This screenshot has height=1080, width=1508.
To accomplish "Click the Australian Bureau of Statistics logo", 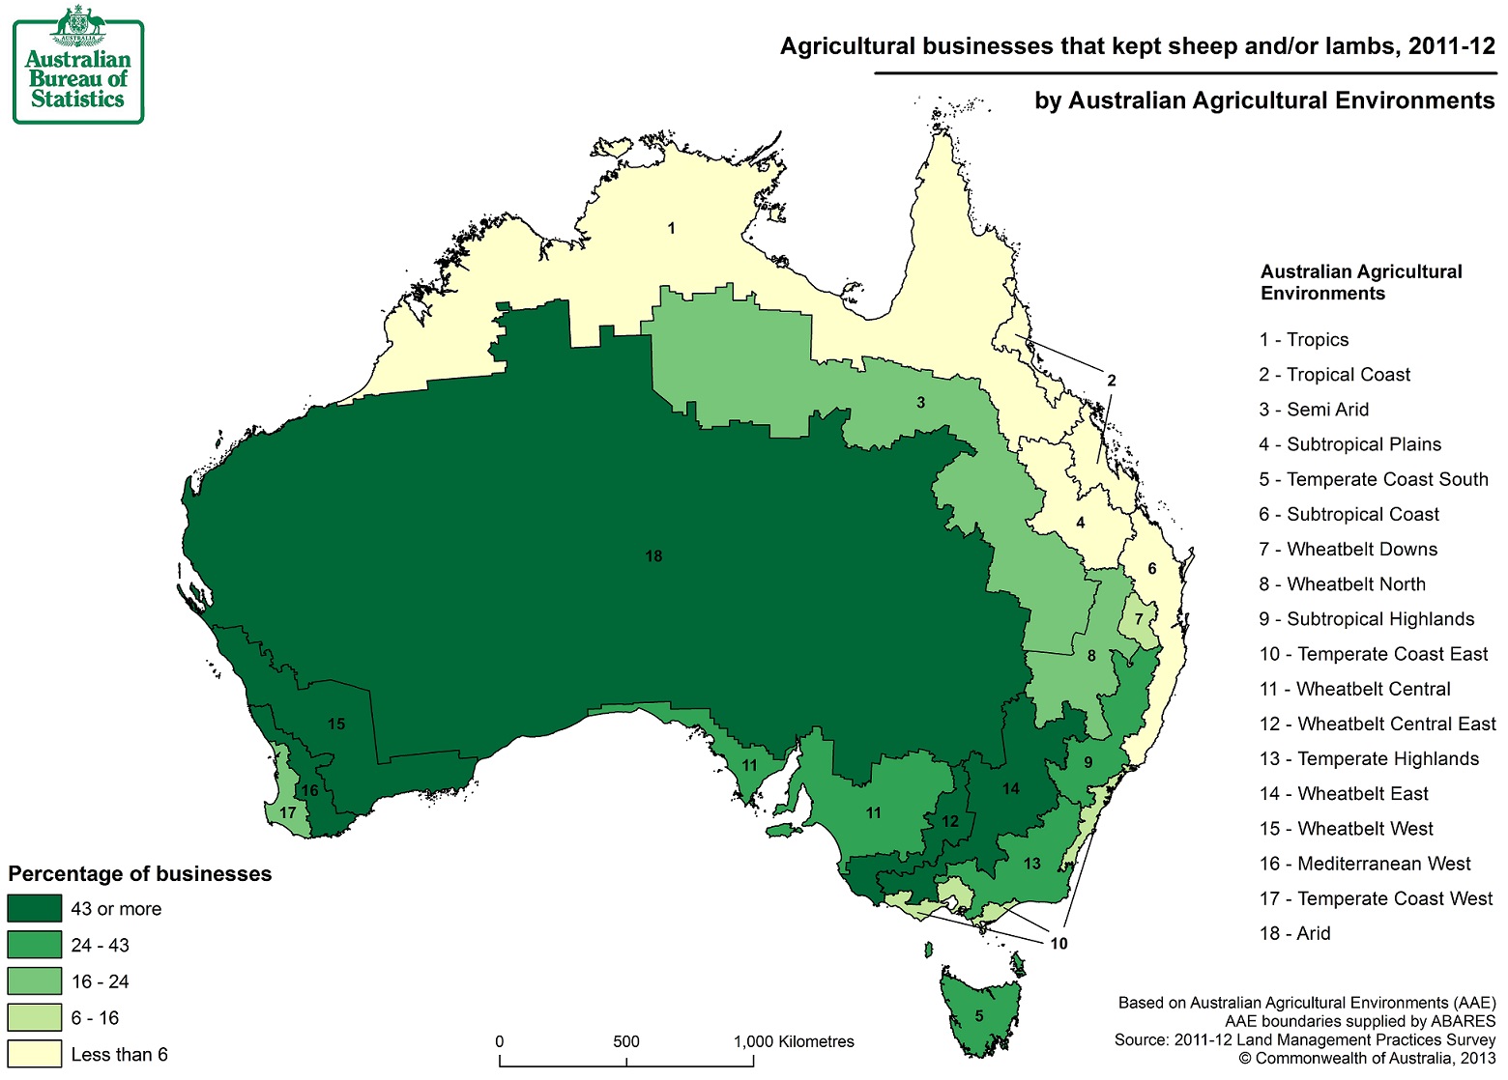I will pyautogui.click(x=77, y=65).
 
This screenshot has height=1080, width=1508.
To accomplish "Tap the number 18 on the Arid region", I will pyautogui.click(x=653, y=556).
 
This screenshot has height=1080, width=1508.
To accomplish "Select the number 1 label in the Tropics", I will pyautogui.click(x=671, y=229).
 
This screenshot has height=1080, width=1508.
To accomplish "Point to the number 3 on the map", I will pyautogui.click(x=920, y=402).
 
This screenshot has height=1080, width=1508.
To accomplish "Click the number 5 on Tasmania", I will pyautogui.click(x=979, y=1015).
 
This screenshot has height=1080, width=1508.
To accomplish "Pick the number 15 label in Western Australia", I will pyautogui.click(x=335, y=724).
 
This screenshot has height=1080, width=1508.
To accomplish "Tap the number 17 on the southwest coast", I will pyautogui.click(x=287, y=812).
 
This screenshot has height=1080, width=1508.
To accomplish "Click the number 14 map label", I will pyautogui.click(x=1010, y=788).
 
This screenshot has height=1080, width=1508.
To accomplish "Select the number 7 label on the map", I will pyautogui.click(x=1139, y=619).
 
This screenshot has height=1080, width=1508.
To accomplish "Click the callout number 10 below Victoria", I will pyautogui.click(x=1058, y=943).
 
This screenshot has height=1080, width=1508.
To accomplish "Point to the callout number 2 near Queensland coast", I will pyautogui.click(x=1111, y=381).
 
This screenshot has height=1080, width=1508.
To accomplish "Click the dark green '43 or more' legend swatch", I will pyautogui.click(x=35, y=909).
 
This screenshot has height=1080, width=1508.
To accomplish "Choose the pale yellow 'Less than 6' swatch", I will pyautogui.click(x=35, y=1054).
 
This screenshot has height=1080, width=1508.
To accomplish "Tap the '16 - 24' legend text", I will pyautogui.click(x=100, y=981).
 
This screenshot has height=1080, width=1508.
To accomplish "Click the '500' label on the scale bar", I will pyautogui.click(x=625, y=1041).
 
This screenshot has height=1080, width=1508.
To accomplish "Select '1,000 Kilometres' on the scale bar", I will pyautogui.click(x=794, y=1041).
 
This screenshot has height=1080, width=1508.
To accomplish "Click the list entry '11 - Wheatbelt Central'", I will pyautogui.click(x=1354, y=689).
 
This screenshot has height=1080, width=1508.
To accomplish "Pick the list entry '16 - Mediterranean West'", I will pyautogui.click(x=1364, y=864).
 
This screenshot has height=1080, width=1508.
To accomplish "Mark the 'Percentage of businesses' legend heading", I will pyautogui.click(x=140, y=874).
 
